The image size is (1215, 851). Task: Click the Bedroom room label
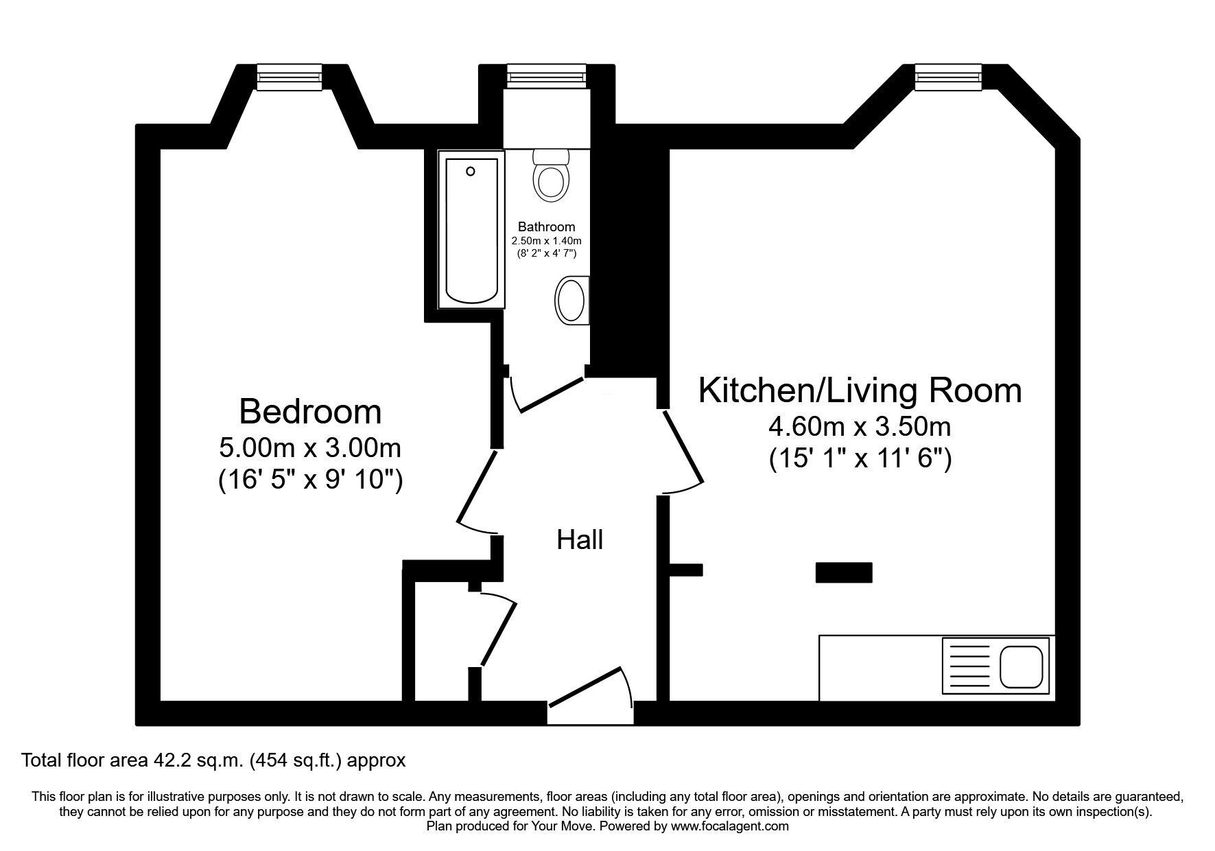pyautogui.click(x=310, y=412)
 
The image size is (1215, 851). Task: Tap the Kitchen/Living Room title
pyautogui.click(x=860, y=390)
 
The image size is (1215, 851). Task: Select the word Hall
pyautogui.click(x=580, y=540)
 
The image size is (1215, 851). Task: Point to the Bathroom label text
pyautogui.click(x=546, y=226)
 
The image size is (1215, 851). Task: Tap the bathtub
pyautogui.click(x=472, y=230)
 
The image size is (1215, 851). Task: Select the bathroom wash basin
pyautogui.click(x=571, y=300)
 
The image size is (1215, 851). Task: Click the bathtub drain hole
pyautogui.click(x=471, y=171)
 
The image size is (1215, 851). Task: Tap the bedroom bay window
pyautogui.click(x=290, y=77)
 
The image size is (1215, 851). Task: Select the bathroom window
pyautogui.click(x=546, y=76)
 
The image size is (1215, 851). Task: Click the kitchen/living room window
pyautogui.click(x=949, y=77)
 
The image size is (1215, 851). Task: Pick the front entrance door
pyautogui.click(x=591, y=686)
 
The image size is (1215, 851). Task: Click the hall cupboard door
pyautogui.click(x=498, y=629)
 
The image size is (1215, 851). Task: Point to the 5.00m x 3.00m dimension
pyautogui.click(x=310, y=448)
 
